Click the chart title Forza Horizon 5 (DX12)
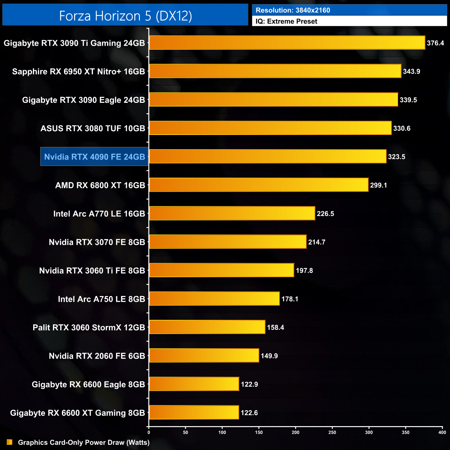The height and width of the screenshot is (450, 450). (125, 16)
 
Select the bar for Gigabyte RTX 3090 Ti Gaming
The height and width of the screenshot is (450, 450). (287, 43)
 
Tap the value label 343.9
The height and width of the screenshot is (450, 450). (411, 71)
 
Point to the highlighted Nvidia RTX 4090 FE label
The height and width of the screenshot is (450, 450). (94, 157)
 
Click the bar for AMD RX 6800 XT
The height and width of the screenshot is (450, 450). (259, 185)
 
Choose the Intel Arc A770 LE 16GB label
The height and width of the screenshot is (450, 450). (99, 214)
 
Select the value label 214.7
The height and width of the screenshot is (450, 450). (317, 242)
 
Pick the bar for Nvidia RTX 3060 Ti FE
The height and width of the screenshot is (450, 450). (222, 270)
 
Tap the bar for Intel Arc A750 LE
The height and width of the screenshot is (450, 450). (214, 299)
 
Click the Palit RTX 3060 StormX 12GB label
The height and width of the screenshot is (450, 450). (89, 327)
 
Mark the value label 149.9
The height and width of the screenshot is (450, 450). (269, 356)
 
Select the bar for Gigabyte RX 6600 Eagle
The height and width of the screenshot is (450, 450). (194, 384)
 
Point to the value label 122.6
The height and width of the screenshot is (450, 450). (249, 413)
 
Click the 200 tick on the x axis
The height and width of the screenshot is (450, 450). (296, 432)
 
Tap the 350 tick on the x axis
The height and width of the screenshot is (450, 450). (406, 432)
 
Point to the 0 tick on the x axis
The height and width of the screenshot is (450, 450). (149, 432)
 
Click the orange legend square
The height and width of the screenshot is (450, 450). (10, 442)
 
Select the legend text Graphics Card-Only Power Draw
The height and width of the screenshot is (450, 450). (84, 442)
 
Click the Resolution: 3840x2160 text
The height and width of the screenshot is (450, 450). (293, 10)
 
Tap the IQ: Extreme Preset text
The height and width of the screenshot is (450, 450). (286, 21)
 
